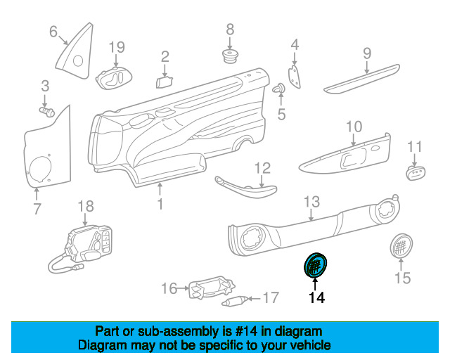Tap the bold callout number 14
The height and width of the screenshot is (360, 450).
[x=317, y=297]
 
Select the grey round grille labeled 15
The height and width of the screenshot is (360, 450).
[x=401, y=245]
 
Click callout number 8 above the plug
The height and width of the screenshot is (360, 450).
[x=230, y=30]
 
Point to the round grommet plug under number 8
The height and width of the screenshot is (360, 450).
[x=231, y=56]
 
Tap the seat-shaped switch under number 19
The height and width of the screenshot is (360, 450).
[x=114, y=78]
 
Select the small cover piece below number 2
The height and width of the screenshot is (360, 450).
[x=164, y=82]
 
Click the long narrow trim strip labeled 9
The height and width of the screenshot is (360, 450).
[x=361, y=79]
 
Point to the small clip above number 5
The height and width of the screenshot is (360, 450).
[x=279, y=89]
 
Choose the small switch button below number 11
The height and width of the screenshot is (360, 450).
[x=416, y=172]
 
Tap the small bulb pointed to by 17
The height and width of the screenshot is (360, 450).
[x=234, y=300]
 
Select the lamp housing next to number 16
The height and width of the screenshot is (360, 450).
[x=211, y=288]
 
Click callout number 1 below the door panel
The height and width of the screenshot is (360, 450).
[x=160, y=204]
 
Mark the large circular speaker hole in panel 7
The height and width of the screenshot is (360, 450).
[x=41, y=169]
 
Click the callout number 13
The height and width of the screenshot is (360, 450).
[x=311, y=202]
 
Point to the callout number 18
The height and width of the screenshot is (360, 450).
[x=86, y=206]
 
